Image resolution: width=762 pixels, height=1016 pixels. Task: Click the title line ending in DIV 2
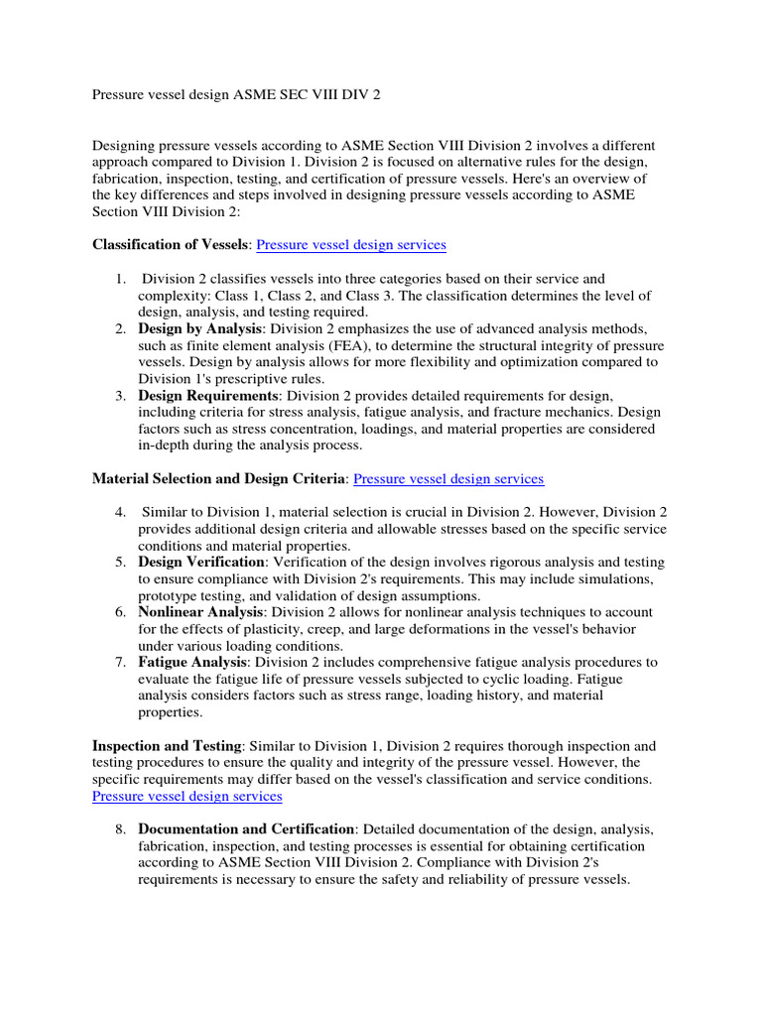236,95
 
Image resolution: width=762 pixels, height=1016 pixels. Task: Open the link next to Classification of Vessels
351,244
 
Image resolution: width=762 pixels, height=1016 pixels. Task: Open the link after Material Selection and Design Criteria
448,478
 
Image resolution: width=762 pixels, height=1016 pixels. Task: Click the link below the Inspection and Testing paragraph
188,796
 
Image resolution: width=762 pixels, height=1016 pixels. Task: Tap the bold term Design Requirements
208,396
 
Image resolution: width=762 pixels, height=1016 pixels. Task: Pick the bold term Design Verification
201,562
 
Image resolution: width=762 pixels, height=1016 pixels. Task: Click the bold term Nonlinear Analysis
199,612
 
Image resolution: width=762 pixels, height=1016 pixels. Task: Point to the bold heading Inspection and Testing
167,746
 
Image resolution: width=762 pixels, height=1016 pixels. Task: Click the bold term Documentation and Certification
246,828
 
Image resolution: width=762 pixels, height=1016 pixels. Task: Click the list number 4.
119,512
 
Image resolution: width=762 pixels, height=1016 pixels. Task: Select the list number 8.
119,828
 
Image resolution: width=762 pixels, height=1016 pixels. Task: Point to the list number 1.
119,279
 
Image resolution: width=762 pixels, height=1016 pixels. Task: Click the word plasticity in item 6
269,629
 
